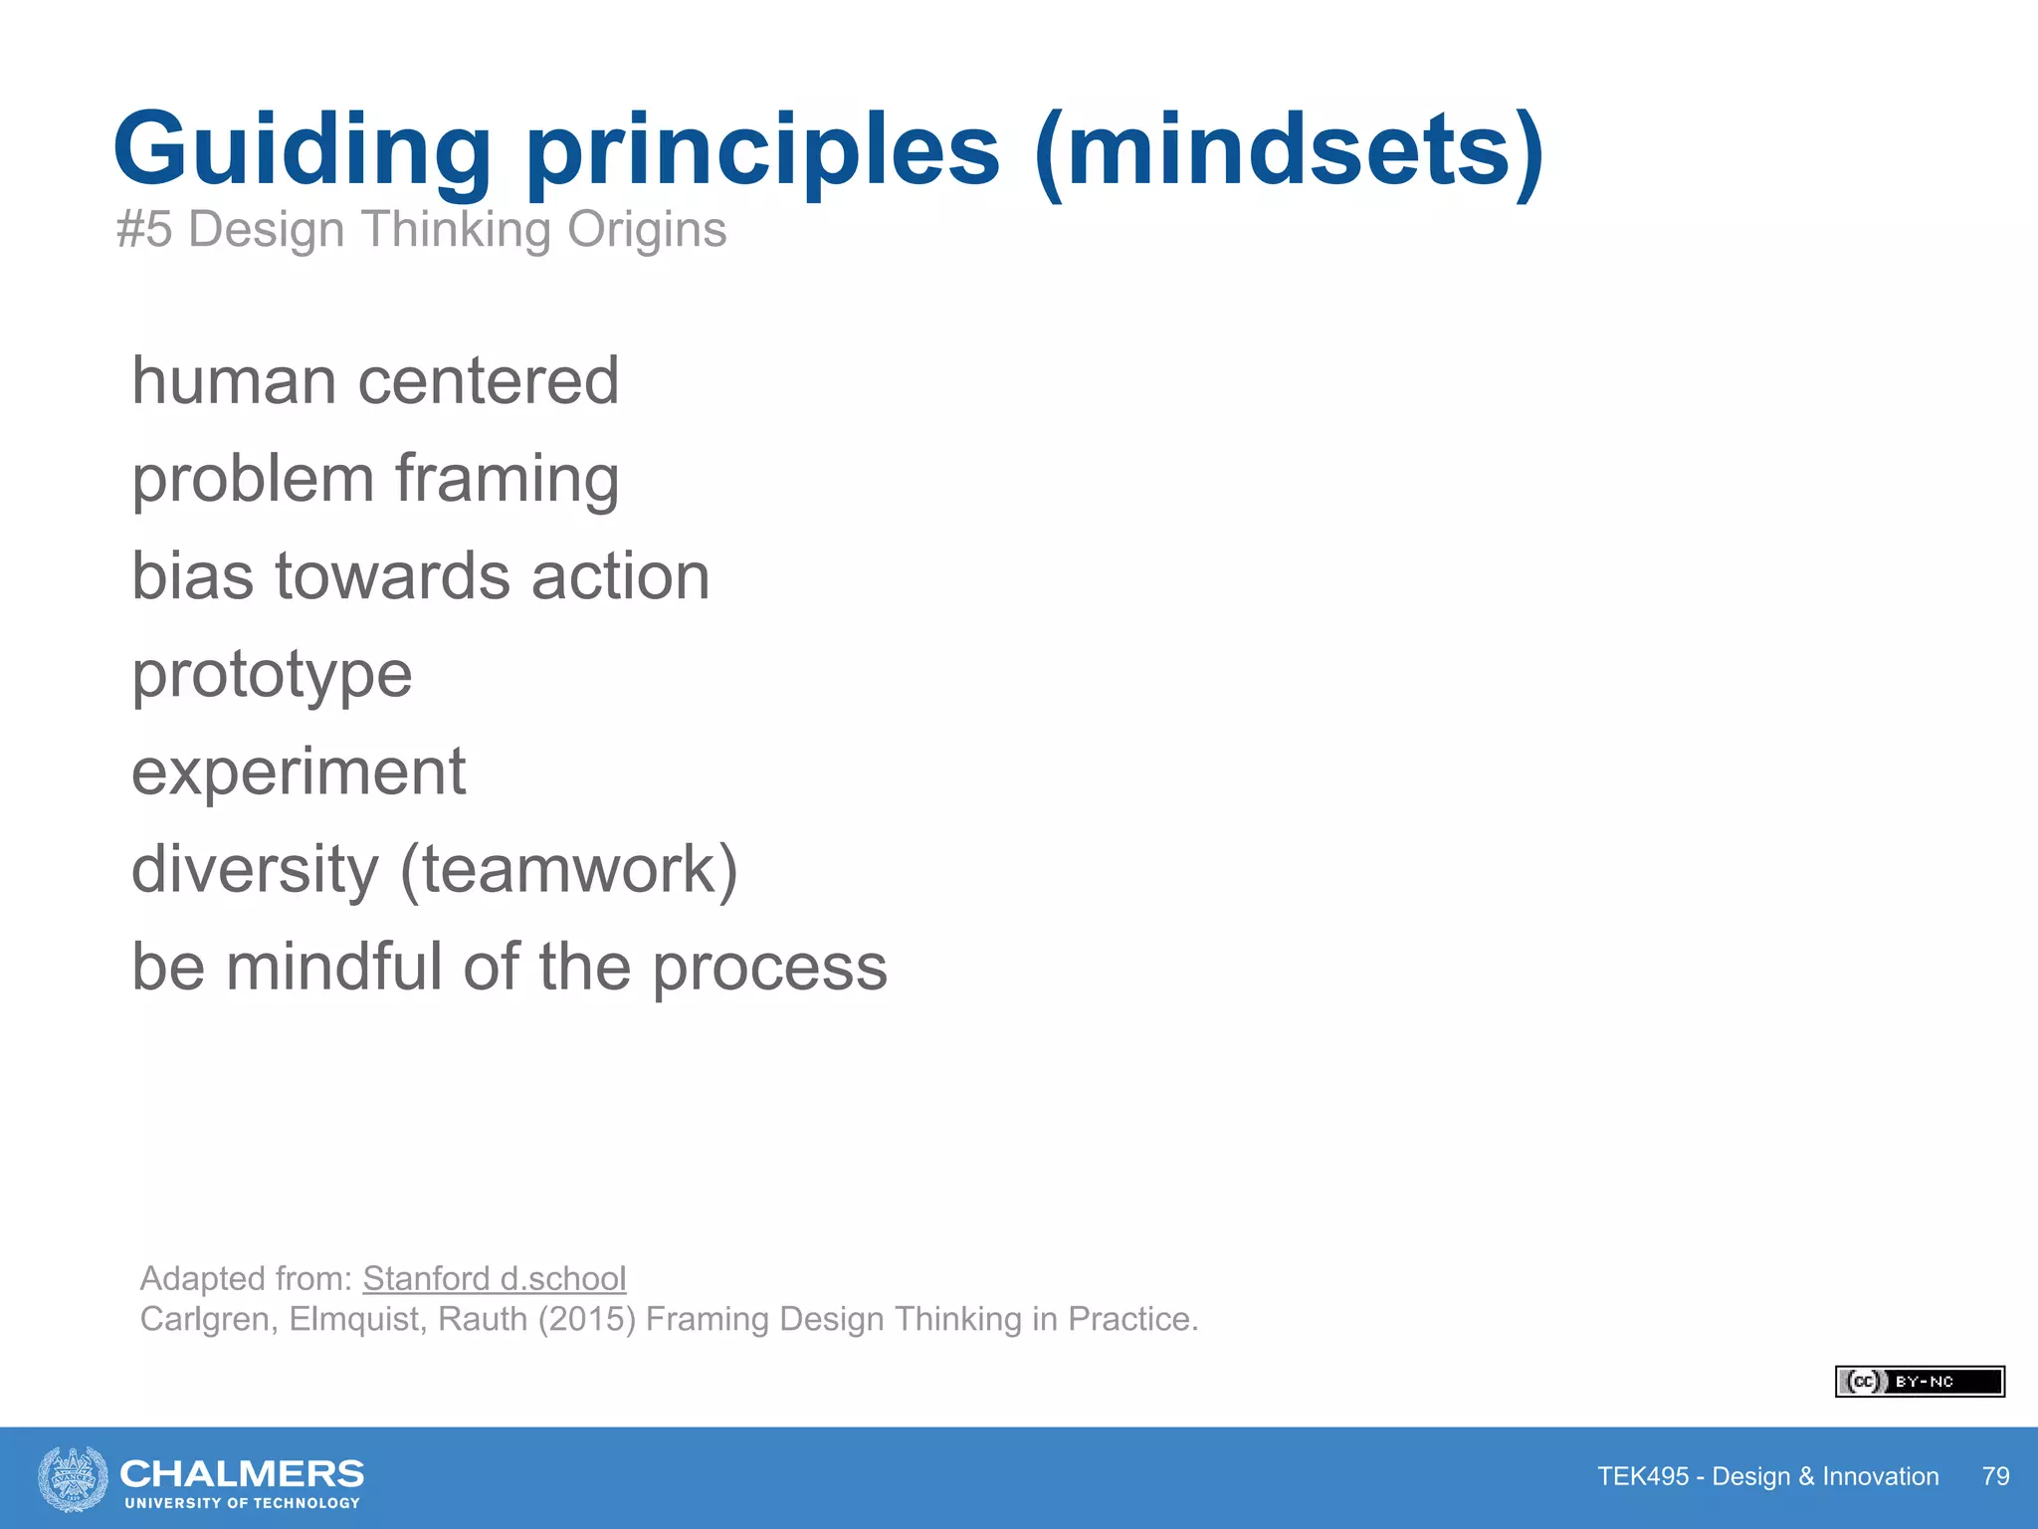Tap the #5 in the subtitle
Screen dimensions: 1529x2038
coord(144,230)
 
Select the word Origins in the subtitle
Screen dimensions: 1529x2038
coord(647,230)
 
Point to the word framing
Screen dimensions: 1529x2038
coord(507,480)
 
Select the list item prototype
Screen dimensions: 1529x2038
coord(272,676)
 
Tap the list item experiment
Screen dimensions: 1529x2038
coord(299,772)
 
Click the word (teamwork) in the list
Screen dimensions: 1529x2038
coord(568,869)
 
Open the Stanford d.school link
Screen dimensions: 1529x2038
coord(494,1278)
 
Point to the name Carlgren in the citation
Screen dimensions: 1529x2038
coord(207,1319)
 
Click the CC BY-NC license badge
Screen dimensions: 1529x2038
coord(1919,1382)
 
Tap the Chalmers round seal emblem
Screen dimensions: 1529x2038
coord(73,1479)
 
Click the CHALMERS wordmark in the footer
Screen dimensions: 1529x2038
coord(241,1473)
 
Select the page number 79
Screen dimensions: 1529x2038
coord(1995,1476)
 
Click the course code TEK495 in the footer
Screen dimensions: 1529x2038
coord(1642,1476)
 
